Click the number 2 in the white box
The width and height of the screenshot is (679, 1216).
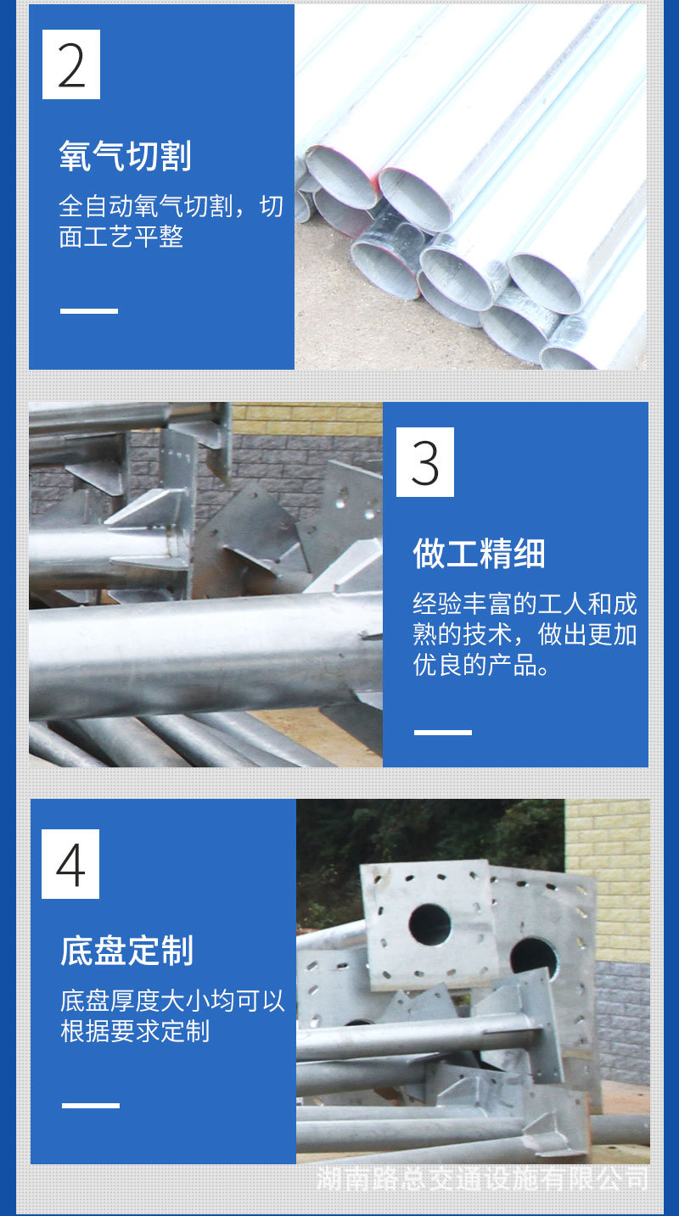click(x=71, y=65)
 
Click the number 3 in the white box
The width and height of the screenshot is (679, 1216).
click(x=425, y=462)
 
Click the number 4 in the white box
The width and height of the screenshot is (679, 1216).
click(x=70, y=864)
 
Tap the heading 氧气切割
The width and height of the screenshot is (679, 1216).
click(x=126, y=157)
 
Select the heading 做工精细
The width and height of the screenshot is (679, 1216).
click(x=480, y=555)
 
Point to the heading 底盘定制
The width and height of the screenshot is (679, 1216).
click(x=127, y=951)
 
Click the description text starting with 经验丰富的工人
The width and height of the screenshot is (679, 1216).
click(x=525, y=634)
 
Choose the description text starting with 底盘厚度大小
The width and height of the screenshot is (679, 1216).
click(x=172, y=1016)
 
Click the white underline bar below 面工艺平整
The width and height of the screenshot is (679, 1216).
click(x=89, y=311)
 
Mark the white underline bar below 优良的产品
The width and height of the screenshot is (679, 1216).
click(x=442, y=732)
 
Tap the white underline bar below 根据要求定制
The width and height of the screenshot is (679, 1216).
click(x=91, y=1105)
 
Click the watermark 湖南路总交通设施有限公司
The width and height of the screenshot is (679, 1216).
click(x=482, y=1178)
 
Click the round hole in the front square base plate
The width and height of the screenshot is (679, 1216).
click(x=429, y=925)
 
